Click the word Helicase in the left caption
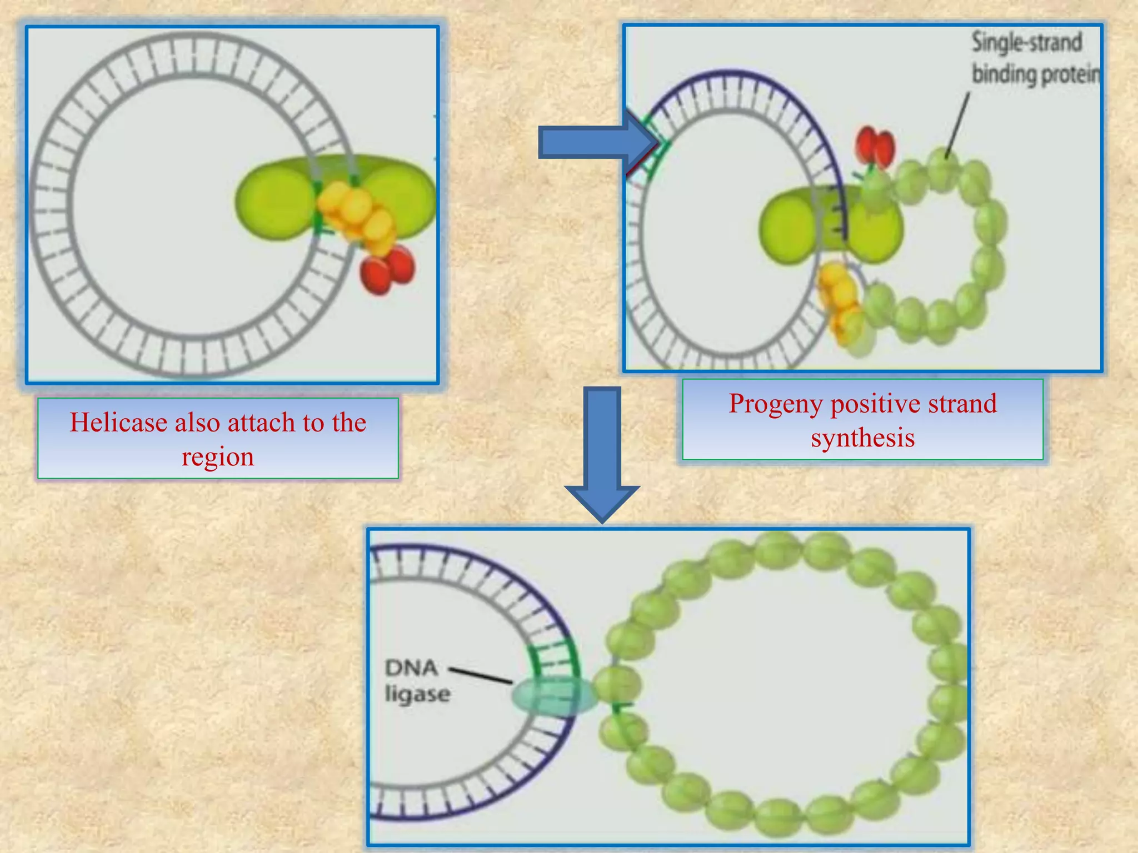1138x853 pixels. pos(118,423)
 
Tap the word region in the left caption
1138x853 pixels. pos(217,456)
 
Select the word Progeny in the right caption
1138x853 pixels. pos(775,404)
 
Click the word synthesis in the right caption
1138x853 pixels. pos(862,438)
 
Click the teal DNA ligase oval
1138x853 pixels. pos(553,696)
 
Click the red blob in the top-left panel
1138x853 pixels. pos(388,270)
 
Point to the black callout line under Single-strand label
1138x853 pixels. pos(957,125)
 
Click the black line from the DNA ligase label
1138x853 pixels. pos(481,675)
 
